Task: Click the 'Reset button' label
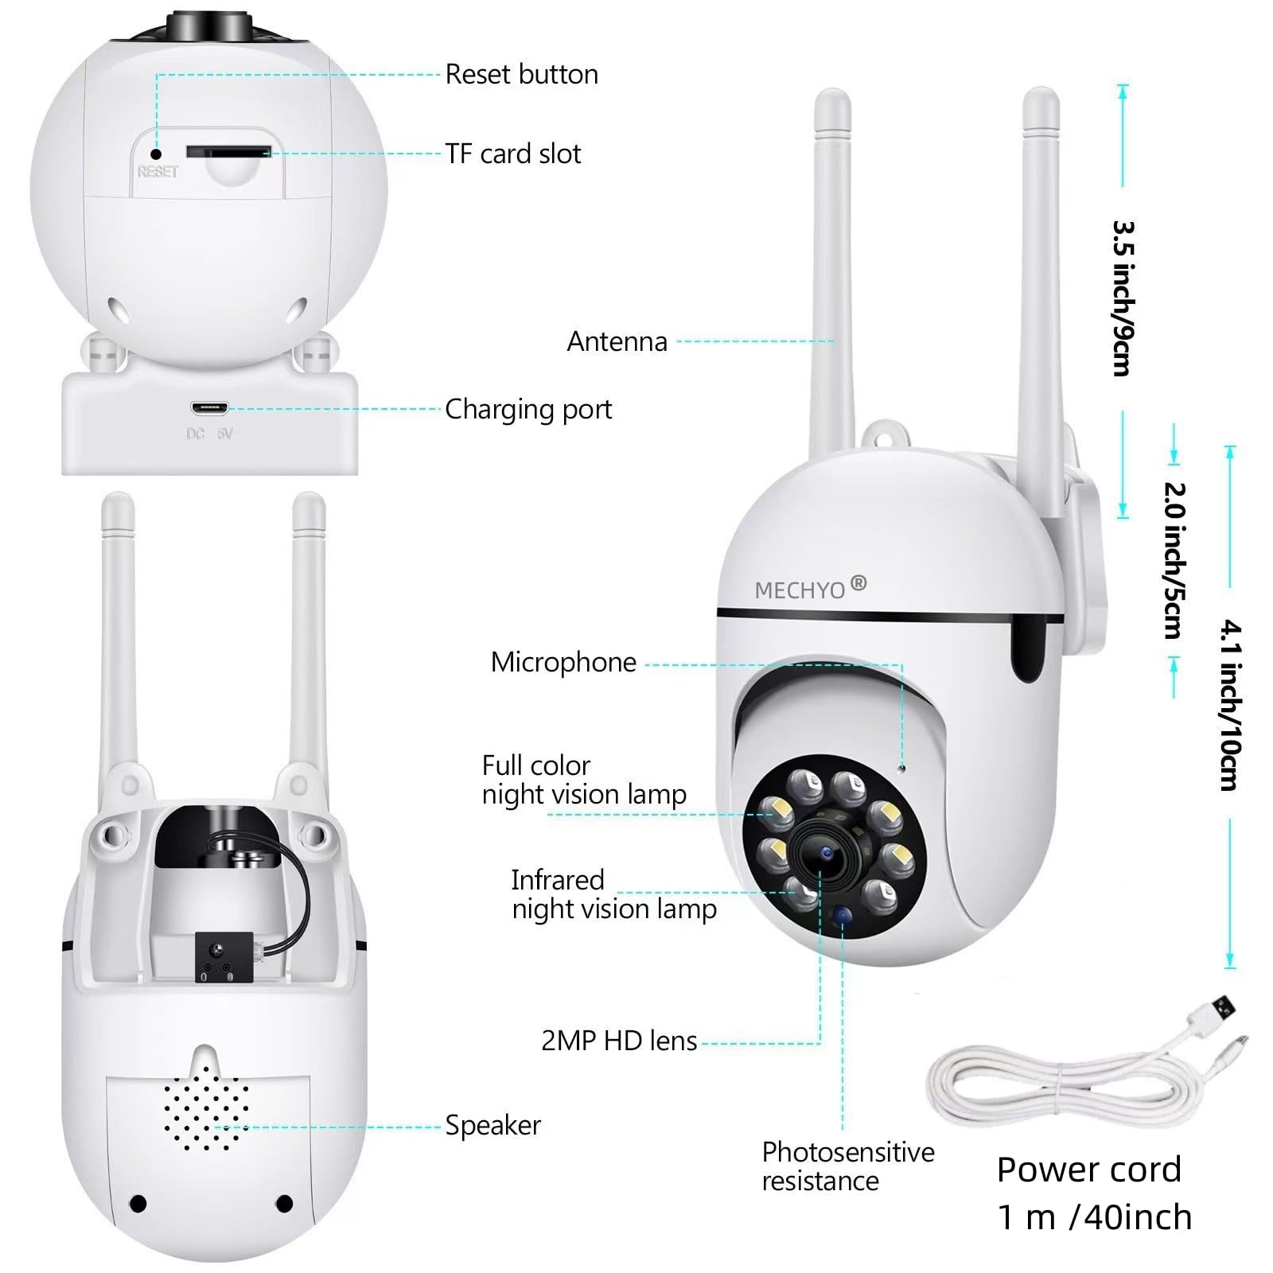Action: pyautogui.click(x=521, y=74)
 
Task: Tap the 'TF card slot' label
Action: pyautogui.click(x=513, y=154)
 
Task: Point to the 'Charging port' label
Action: pyautogui.click(x=528, y=410)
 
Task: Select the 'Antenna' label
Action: pyautogui.click(x=617, y=341)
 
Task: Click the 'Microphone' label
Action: pyautogui.click(x=563, y=662)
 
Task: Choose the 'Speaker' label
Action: pyautogui.click(x=492, y=1125)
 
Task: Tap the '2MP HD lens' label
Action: pyautogui.click(x=619, y=1041)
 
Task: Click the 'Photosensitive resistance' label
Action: pyautogui.click(x=848, y=1166)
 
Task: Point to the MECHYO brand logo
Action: pyautogui.click(x=810, y=588)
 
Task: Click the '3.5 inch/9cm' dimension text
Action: pyautogui.click(x=1123, y=298)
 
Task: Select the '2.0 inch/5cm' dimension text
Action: pyautogui.click(x=1174, y=560)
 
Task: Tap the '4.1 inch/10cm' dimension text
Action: pyautogui.click(x=1229, y=706)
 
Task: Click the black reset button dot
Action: pyautogui.click(x=157, y=154)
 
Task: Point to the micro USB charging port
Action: pyautogui.click(x=208, y=409)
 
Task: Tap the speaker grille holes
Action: pyautogui.click(x=206, y=1107)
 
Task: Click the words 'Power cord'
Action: pyautogui.click(x=1089, y=1170)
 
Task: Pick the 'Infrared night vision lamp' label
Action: pyautogui.click(x=613, y=894)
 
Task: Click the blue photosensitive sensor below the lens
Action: pyautogui.click(x=840, y=918)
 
